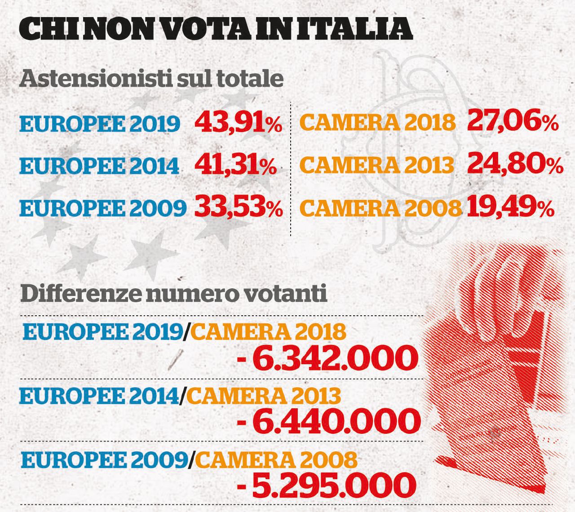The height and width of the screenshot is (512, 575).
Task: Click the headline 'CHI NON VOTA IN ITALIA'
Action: tap(216, 29)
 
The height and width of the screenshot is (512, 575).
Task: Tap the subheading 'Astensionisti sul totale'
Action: tap(152, 79)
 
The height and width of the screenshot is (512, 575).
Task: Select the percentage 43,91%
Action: tap(238, 123)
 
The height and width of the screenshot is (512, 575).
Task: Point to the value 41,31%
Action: tap(235, 166)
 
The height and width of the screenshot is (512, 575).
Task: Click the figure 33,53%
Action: tap(239, 207)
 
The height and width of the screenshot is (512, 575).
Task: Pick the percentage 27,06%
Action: tap(513, 121)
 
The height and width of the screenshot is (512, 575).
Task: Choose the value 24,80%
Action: tap(515, 164)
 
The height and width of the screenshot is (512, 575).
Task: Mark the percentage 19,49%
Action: tap(510, 207)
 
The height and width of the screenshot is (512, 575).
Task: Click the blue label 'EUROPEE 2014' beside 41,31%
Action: tap(99, 166)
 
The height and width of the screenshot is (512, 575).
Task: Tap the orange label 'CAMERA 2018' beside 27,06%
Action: tap(377, 123)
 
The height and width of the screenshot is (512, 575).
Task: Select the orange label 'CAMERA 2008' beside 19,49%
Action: tap(380, 208)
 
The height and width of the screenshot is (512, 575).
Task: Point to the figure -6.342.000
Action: tap(327, 358)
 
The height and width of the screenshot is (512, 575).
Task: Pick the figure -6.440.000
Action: tap(328, 421)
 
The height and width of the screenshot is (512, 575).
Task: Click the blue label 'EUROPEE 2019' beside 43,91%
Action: tap(100, 124)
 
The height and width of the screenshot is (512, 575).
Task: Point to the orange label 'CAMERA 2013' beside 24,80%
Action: tap(376, 165)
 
